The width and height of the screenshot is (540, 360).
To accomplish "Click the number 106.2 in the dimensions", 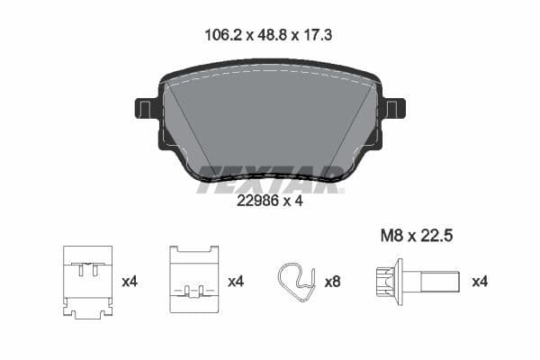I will [x=220, y=37].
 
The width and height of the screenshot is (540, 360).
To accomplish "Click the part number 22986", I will [x=256, y=202].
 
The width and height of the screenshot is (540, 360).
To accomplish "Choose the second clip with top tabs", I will [x=194, y=280].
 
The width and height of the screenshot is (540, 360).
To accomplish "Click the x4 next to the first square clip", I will [x=130, y=281].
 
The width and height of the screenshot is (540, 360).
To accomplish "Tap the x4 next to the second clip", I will [x=236, y=281].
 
